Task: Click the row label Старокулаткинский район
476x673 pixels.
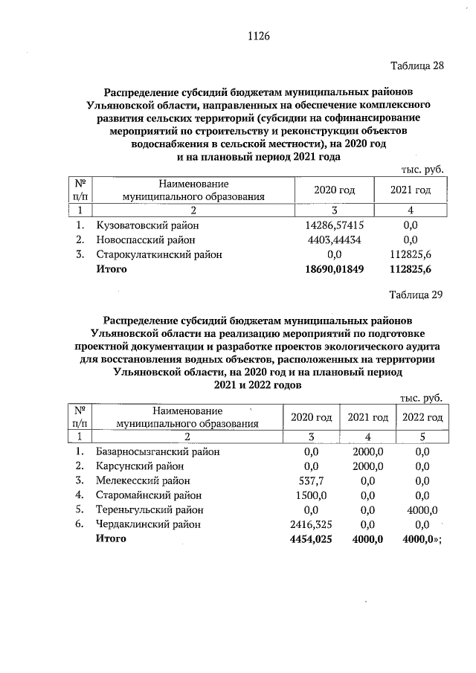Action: pos(159,254)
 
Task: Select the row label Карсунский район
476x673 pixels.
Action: pos(139,466)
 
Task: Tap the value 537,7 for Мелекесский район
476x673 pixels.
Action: pos(312,480)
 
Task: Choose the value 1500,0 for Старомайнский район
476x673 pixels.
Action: pos(312,495)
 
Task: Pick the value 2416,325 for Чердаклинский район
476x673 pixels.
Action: pos(312,524)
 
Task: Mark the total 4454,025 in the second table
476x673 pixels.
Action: pos(312,539)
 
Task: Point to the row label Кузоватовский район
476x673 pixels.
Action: pos(147,225)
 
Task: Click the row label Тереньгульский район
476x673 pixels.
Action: pos(149,510)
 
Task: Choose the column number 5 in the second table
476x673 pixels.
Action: pos(422,437)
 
